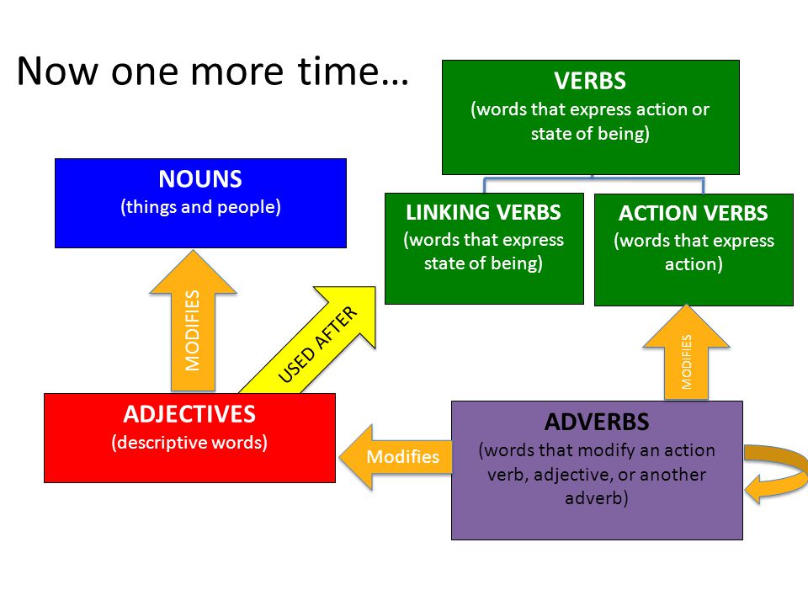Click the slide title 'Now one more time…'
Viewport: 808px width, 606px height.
(212, 72)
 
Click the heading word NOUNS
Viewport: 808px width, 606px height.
(200, 179)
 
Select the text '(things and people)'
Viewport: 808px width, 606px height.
(200, 207)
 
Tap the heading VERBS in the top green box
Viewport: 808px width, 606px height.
(590, 82)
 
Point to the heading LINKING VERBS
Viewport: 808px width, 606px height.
(483, 212)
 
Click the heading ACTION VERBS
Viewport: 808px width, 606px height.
(694, 214)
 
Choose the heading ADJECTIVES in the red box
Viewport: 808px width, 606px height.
(189, 415)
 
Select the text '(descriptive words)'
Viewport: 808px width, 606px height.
(189, 443)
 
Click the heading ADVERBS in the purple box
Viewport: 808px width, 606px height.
(597, 421)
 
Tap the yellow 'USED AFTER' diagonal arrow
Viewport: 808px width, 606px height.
(320, 345)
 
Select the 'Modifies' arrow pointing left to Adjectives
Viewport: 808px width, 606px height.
(396, 456)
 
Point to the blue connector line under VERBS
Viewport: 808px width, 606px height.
(593, 179)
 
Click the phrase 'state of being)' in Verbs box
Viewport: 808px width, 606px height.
(590, 134)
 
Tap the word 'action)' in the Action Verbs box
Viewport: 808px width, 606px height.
(694, 264)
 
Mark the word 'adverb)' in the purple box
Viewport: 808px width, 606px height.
(597, 497)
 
